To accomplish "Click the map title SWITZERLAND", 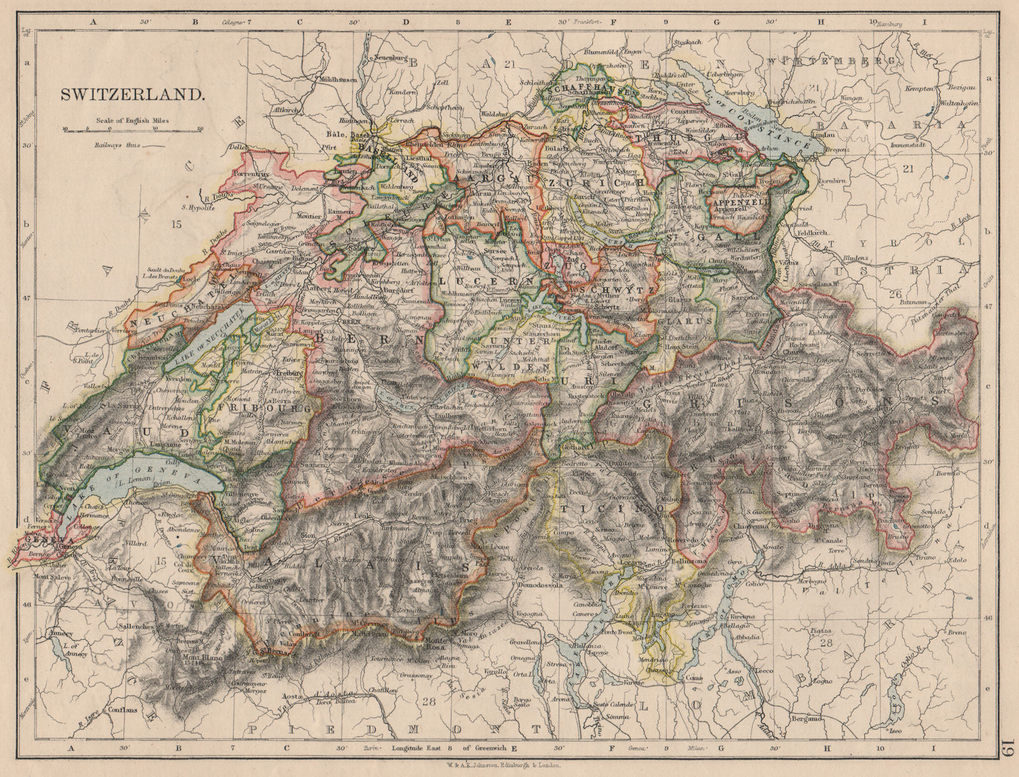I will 132,94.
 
